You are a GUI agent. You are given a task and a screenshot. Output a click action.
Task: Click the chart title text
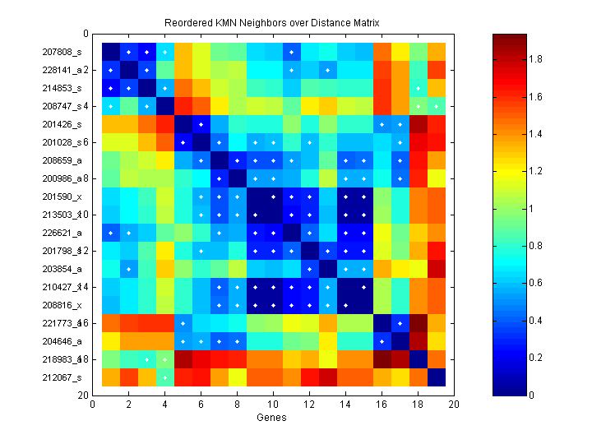tap(272, 20)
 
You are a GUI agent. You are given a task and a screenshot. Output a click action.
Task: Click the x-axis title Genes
tap(272, 419)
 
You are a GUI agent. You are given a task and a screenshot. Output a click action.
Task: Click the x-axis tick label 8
tap(237, 405)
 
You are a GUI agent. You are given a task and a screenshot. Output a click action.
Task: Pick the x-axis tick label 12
tap(309, 405)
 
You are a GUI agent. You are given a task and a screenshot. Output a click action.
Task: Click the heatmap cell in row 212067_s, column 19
tap(435, 377)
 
